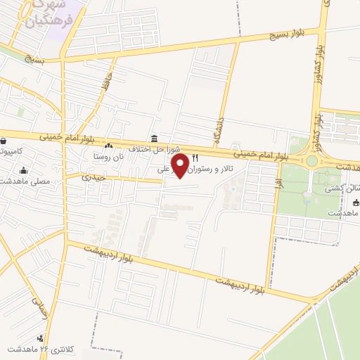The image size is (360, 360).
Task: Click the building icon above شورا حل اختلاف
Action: pyautogui.click(x=154, y=138)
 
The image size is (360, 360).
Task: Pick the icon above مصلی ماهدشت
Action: pyautogui.click(x=24, y=169)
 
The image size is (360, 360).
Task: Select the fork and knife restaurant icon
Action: pyautogui.click(x=195, y=157)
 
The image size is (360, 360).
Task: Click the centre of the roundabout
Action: pyautogui.click(x=311, y=161)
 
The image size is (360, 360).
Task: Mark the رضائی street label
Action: pyautogui.click(x=39, y=307)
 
